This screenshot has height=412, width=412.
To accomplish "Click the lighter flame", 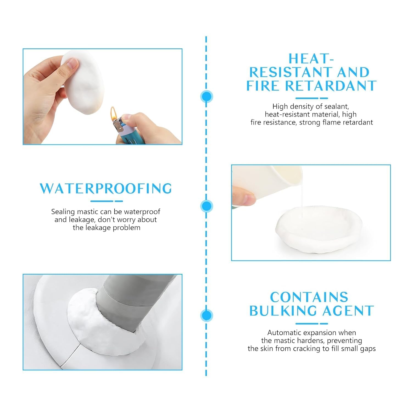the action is [x=113, y=112].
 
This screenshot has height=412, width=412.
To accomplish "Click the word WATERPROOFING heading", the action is [x=106, y=188].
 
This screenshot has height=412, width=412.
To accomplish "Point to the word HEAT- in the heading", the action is [x=311, y=59].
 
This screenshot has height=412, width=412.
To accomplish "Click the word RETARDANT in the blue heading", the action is [x=331, y=86].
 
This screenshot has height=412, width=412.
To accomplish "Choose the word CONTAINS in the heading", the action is [x=309, y=297].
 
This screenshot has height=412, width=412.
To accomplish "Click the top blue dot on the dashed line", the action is [x=207, y=97].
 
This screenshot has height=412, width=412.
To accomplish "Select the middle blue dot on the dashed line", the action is [x=207, y=206].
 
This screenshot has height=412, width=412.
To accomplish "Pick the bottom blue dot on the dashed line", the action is [x=207, y=315].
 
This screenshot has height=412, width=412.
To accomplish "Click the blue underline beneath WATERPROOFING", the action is [x=106, y=201].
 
